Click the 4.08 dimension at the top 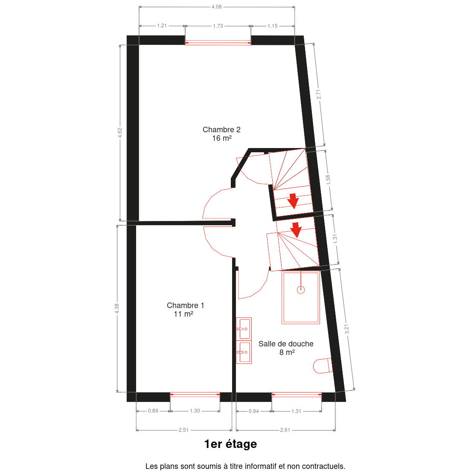pyautogui.click(x=217, y=6)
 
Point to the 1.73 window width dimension pyautogui.click(x=218, y=26)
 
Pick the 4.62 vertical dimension pyautogui.click(x=120, y=133)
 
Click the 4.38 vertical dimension pyautogui.click(x=117, y=308)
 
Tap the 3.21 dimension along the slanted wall pyautogui.click(x=347, y=329)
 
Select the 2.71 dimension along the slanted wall pyautogui.click(x=319, y=94)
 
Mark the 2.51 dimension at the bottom pyautogui.click(x=183, y=430)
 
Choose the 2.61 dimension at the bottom pyautogui.click(x=285, y=430)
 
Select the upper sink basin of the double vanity pyautogui.click(x=244, y=329)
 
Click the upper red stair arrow pyautogui.click(x=293, y=201)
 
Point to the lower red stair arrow pyautogui.click(x=297, y=230)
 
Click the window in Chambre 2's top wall pyautogui.click(x=218, y=43)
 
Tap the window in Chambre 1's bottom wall pyautogui.click(x=195, y=395)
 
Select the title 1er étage pyautogui.click(x=231, y=444)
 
